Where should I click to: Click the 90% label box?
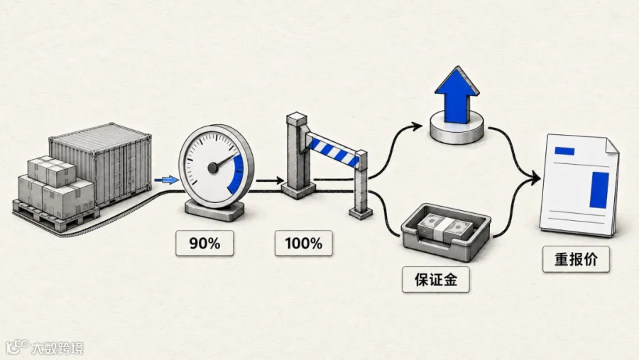(x=204, y=244)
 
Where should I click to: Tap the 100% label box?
(x=304, y=244)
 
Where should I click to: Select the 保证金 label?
(x=436, y=280)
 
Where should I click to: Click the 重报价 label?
(x=577, y=259)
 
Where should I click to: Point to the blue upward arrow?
(x=457, y=96)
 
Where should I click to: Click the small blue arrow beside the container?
(x=166, y=180)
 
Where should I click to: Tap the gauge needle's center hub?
(x=213, y=168)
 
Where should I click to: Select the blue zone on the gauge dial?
(x=236, y=174)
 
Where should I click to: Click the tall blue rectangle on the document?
(x=599, y=190)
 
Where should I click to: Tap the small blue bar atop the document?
(x=564, y=151)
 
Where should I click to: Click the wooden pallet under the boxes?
(x=55, y=216)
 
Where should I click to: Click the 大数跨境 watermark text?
(x=58, y=348)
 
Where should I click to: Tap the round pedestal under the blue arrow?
(x=457, y=128)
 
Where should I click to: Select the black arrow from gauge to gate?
(x=270, y=180)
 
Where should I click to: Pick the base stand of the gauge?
(x=214, y=211)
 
